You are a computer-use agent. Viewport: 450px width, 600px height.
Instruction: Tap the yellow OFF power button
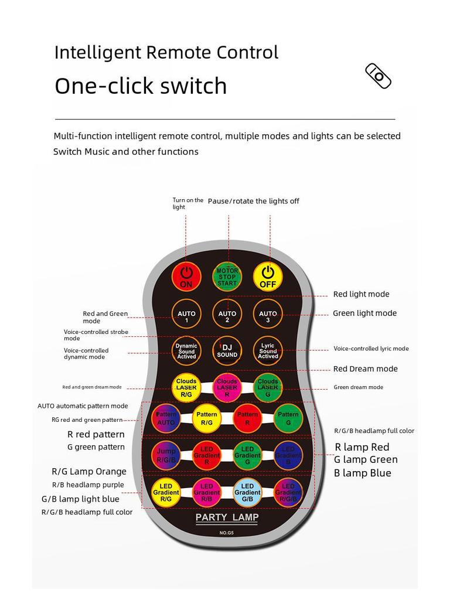point(268,277)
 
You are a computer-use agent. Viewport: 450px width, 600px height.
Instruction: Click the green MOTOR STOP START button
point(227,277)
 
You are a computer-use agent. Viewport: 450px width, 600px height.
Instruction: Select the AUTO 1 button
point(186,316)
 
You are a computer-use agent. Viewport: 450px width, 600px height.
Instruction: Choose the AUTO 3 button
point(268,316)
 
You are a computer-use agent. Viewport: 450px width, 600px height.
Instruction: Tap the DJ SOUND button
point(227,351)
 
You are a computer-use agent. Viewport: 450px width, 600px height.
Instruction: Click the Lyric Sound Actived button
point(268,351)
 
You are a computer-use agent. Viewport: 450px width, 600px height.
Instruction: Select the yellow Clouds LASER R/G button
point(186,387)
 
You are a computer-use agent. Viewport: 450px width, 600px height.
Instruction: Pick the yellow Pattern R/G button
point(207,418)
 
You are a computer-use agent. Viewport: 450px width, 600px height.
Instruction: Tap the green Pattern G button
point(288,418)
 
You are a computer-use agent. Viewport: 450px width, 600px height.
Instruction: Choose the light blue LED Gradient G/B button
point(247,493)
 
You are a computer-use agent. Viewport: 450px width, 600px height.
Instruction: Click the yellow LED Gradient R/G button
point(166,493)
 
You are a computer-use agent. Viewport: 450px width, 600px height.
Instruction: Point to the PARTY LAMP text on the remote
point(227,518)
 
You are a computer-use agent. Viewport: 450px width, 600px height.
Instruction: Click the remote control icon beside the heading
point(379,76)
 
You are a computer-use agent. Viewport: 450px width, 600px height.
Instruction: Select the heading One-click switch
point(141,86)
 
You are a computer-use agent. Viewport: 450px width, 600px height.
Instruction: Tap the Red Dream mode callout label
point(365,369)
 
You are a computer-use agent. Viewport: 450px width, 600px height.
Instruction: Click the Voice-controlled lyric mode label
point(371,349)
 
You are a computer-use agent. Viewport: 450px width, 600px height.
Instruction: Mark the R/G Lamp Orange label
point(89,471)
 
